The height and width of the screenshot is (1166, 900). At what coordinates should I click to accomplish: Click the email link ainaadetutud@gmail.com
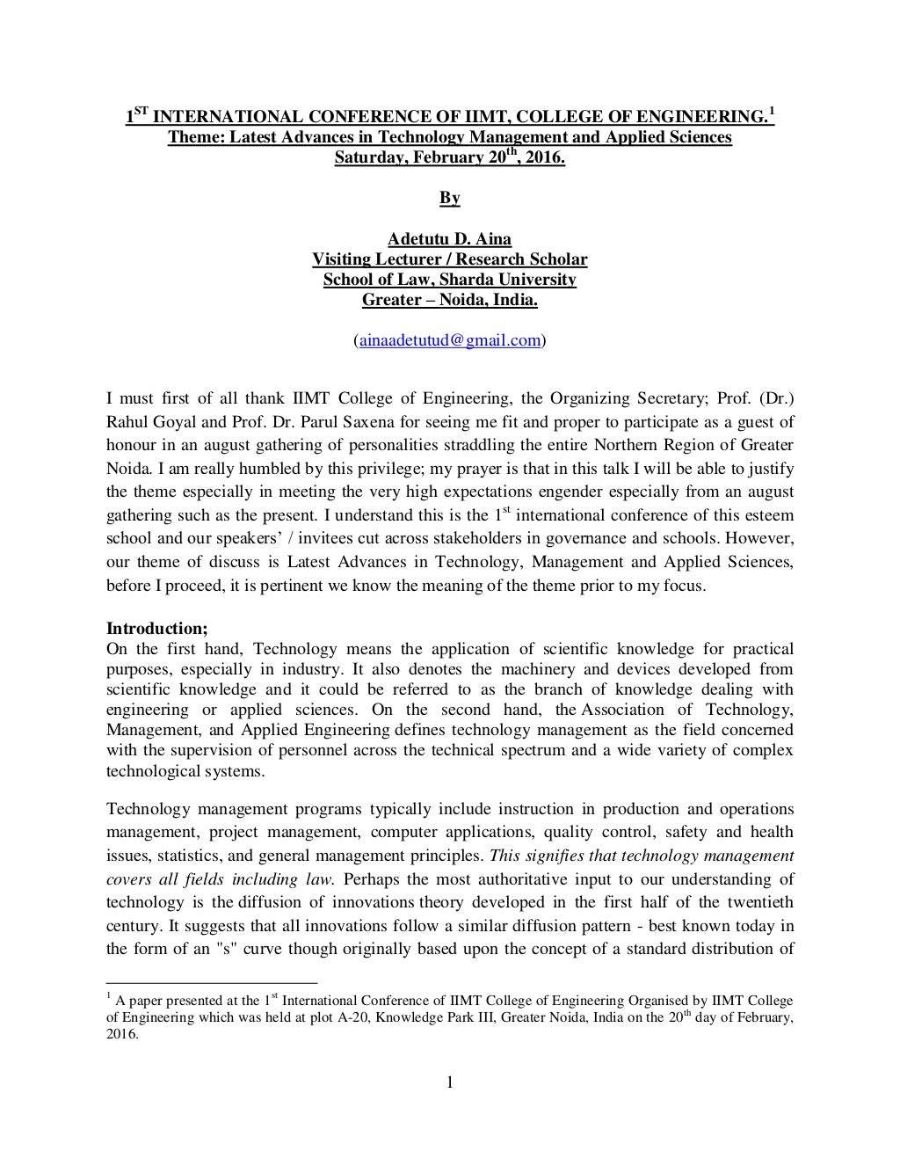pos(449,341)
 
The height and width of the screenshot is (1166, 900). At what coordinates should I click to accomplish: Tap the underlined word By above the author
pos(449,198)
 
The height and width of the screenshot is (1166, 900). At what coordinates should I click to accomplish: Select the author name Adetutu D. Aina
pos(449,239)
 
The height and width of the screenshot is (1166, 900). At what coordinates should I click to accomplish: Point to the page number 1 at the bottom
pos(449,1082)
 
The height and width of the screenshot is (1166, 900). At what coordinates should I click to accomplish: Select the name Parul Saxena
pos(330,421)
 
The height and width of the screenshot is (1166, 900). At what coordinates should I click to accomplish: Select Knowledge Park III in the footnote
pos(472,1017)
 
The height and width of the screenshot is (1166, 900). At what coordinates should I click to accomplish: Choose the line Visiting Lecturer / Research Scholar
pos(449,259)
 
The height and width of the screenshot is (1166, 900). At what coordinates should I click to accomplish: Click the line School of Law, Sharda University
pos(449,280)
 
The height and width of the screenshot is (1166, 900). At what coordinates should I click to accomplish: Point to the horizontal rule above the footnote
pos(211,982)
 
